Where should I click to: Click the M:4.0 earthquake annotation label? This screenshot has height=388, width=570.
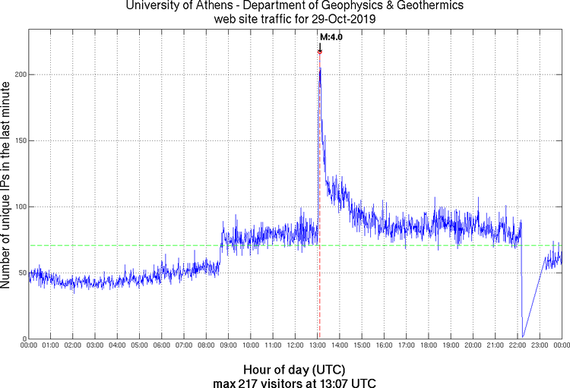[x=331, y=36]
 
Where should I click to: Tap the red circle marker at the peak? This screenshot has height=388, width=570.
[x=320, y=52]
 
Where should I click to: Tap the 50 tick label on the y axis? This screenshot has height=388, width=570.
[x=21, y=273]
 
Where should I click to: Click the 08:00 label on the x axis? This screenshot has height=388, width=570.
[x=206, y=346]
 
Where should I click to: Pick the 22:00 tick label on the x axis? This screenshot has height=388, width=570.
[x=517, y=346]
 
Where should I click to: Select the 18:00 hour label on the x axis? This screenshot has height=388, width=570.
[x=428, y=346]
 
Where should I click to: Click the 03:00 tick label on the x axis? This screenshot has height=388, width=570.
[x=95, y=346]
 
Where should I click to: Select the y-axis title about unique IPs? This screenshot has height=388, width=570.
[x=7, y=185]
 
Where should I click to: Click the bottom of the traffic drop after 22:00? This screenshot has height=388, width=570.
[x=522, y=336]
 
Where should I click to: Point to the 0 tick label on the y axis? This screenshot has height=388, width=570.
[x=24, y=339]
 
